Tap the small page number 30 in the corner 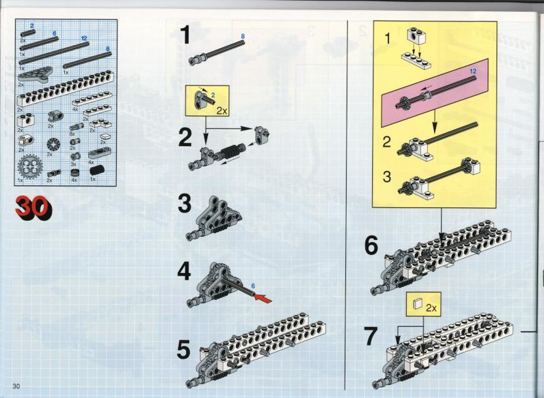(16, 386)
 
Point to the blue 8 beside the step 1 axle (243, 37)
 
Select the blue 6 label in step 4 (253, 286)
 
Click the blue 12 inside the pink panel (473, 71)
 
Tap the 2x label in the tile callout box (431, 308)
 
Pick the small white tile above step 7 (417, 303)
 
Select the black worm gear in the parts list (96, 170)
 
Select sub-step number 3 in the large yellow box (387, 177)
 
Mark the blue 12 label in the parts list (84, 38)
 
